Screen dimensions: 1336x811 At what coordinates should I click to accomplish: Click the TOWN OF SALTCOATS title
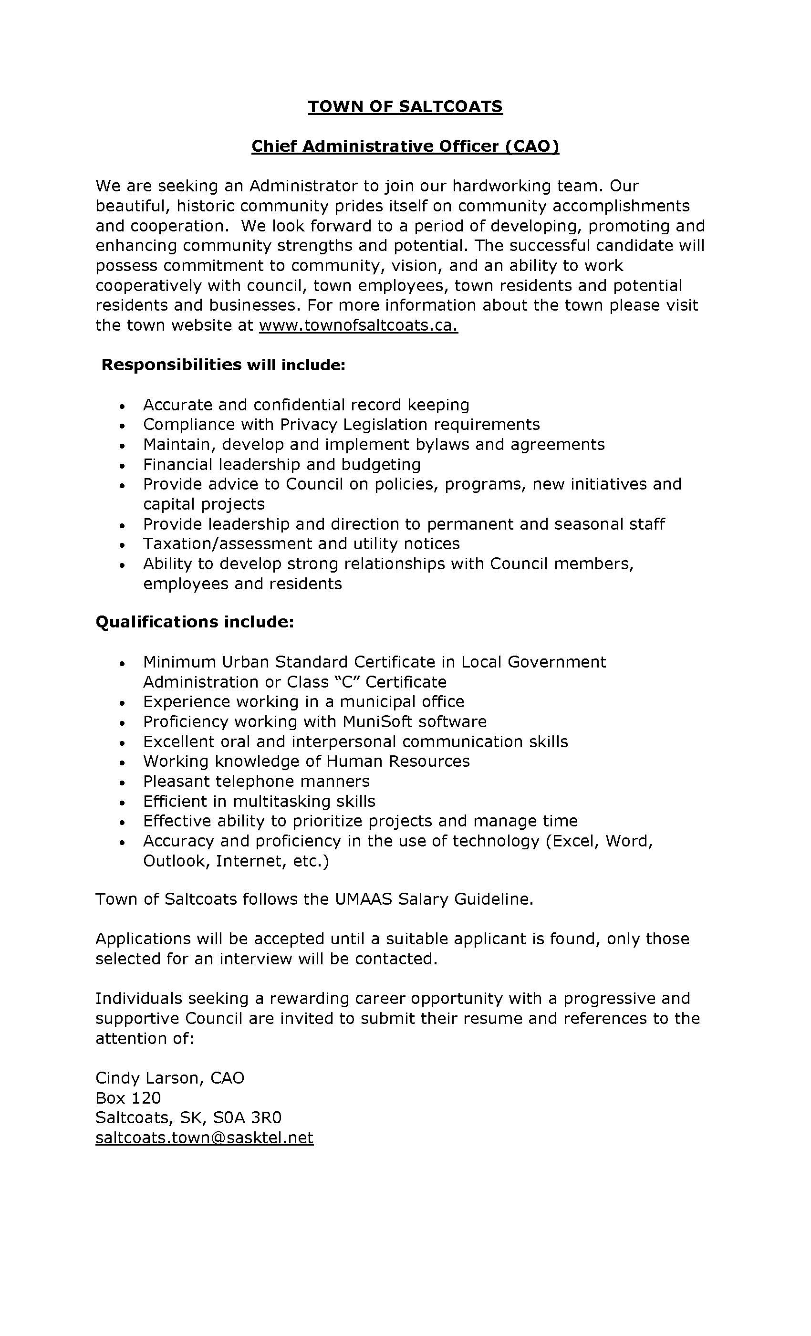[x=405, y=106]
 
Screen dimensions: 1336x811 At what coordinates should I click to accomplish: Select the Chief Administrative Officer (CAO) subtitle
[x=405, y=146]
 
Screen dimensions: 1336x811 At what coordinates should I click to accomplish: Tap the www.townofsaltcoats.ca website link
[x=358, y=325]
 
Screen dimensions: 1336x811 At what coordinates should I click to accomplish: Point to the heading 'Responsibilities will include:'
[x=223, y=365]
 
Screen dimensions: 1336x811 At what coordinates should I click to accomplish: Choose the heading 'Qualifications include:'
[x=195, y=622]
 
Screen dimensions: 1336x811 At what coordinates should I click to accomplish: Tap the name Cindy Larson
[x=146, y=1077]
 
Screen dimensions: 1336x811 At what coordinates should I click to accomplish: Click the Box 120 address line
[x=128, y=1097]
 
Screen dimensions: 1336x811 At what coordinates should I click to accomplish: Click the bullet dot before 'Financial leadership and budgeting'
[x=123, y=465]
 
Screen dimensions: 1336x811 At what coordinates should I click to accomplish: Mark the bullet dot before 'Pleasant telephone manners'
[x=123, y=783]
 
